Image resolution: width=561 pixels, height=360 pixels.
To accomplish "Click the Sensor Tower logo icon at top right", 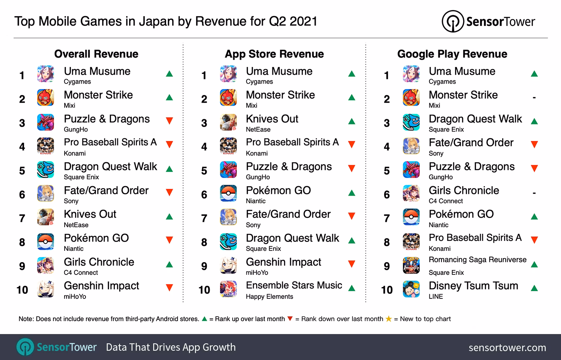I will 453,21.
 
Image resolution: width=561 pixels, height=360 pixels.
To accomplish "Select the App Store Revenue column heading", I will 274,54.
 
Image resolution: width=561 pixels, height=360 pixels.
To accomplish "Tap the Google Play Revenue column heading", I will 452,54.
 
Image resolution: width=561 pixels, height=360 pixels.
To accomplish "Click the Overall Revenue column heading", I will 96,54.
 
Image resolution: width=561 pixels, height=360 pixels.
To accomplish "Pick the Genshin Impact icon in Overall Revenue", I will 46,290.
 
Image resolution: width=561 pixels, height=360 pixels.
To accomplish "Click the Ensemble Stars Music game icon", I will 228,290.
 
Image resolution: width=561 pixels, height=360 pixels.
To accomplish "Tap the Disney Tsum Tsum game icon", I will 411,290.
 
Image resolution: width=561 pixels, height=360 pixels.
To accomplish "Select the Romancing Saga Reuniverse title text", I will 477,260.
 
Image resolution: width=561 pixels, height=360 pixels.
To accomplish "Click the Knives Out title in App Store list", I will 272,119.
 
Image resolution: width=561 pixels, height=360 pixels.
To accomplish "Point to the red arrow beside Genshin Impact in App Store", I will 352,264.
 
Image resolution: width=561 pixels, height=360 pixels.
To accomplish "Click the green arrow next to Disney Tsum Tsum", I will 534,288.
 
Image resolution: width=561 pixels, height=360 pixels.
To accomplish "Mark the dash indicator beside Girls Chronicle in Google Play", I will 534,193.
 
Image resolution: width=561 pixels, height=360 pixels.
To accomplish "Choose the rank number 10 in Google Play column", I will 387,290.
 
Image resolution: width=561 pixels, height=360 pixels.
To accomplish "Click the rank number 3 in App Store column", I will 204,123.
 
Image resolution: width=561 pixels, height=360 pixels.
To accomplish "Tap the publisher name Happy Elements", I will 269,297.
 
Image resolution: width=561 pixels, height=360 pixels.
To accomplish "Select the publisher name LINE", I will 436,297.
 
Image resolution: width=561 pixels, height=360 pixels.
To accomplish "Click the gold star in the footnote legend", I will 388,319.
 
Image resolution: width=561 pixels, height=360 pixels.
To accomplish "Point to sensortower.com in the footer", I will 507,348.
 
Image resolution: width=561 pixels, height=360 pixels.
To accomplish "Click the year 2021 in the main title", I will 303,21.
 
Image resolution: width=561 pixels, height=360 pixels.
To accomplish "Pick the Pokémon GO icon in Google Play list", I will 411,218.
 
